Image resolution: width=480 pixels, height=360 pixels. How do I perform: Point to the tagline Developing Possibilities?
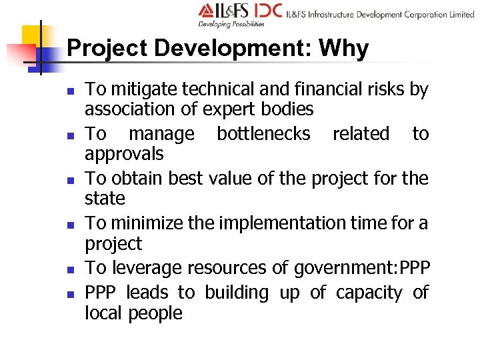(231, 24)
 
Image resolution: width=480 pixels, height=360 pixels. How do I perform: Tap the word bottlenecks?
(263, 134)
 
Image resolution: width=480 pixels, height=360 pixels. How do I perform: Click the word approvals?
(124, 154)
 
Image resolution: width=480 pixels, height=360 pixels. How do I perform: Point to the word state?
(105, 199)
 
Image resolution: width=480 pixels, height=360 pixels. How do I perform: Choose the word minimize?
(147, 223)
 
